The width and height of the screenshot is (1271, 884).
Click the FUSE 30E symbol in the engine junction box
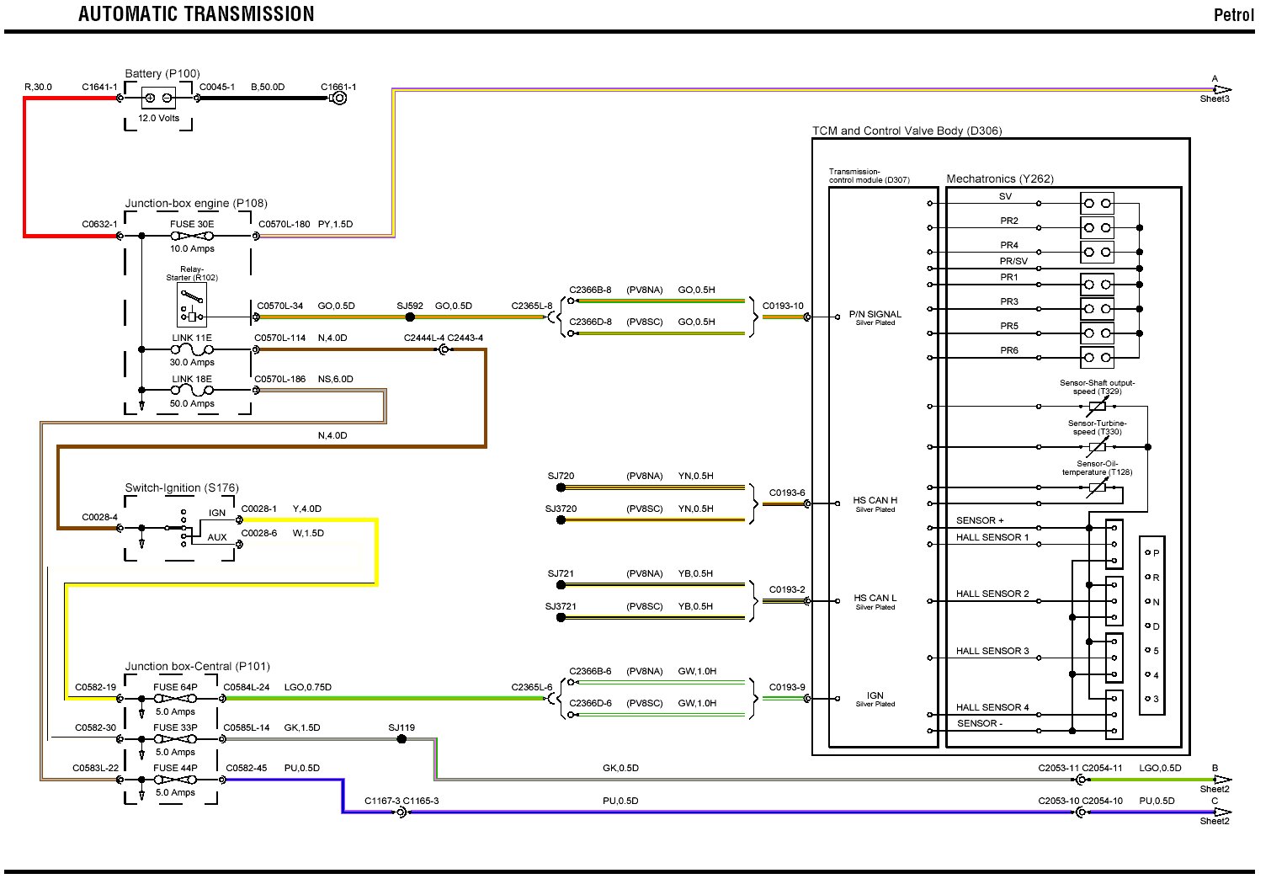point(193,236)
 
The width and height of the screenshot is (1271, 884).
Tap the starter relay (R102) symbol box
point(192,306)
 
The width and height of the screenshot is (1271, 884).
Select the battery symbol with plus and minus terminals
point(158,99)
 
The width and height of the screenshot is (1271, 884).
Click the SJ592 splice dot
point(410,317)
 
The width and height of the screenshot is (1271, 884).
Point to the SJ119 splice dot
point(402,738)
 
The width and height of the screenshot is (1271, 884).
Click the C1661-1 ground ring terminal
point(338,99)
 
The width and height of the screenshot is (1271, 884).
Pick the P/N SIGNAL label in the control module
point(875,314)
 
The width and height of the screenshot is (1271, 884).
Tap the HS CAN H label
point(875,500)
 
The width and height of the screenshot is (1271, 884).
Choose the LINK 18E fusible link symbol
point(193,391)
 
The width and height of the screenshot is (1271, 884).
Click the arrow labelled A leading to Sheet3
point(1223,89)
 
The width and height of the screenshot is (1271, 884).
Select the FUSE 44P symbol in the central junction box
point(175,780)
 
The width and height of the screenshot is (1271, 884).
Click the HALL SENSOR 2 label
point(992,594)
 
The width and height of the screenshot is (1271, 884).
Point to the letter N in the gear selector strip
point(1156,602)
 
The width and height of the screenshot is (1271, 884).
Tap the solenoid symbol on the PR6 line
point(1097,358)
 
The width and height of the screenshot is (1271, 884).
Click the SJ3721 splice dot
point(561,617)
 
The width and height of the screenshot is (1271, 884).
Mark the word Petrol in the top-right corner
point(1234,15)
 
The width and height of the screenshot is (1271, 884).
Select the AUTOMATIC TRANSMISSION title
point(196,14)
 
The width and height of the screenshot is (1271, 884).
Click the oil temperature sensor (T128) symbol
point(1098,487)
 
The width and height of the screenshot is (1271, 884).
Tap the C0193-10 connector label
point(783,306)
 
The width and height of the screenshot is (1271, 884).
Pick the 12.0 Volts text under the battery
point(159,118)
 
